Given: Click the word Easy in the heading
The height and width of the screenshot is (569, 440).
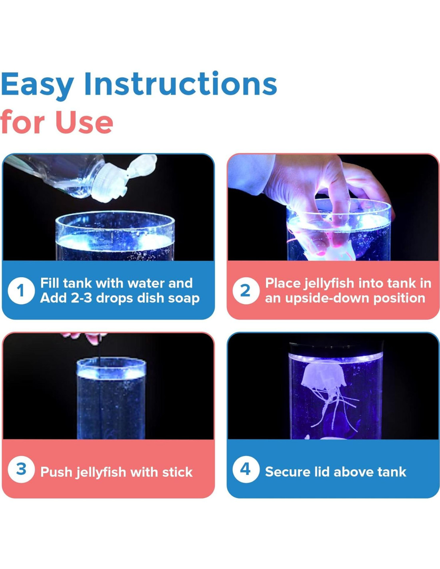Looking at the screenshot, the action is (37, 84).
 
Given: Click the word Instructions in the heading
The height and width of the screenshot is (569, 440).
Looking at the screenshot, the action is (181, 83).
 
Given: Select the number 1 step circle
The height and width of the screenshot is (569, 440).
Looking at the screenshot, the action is (21, 291).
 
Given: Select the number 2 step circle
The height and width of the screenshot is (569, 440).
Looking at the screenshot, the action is (246, 291).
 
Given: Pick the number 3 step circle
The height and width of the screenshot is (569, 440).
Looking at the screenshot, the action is (21, 469).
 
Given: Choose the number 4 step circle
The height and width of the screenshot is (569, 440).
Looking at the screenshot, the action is (246, 469).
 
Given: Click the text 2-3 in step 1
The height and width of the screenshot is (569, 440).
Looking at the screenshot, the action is (81, 298).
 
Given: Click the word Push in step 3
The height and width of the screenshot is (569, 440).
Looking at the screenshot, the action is (56, 472).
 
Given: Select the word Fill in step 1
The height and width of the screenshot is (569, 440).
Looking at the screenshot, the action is (50, 283).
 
